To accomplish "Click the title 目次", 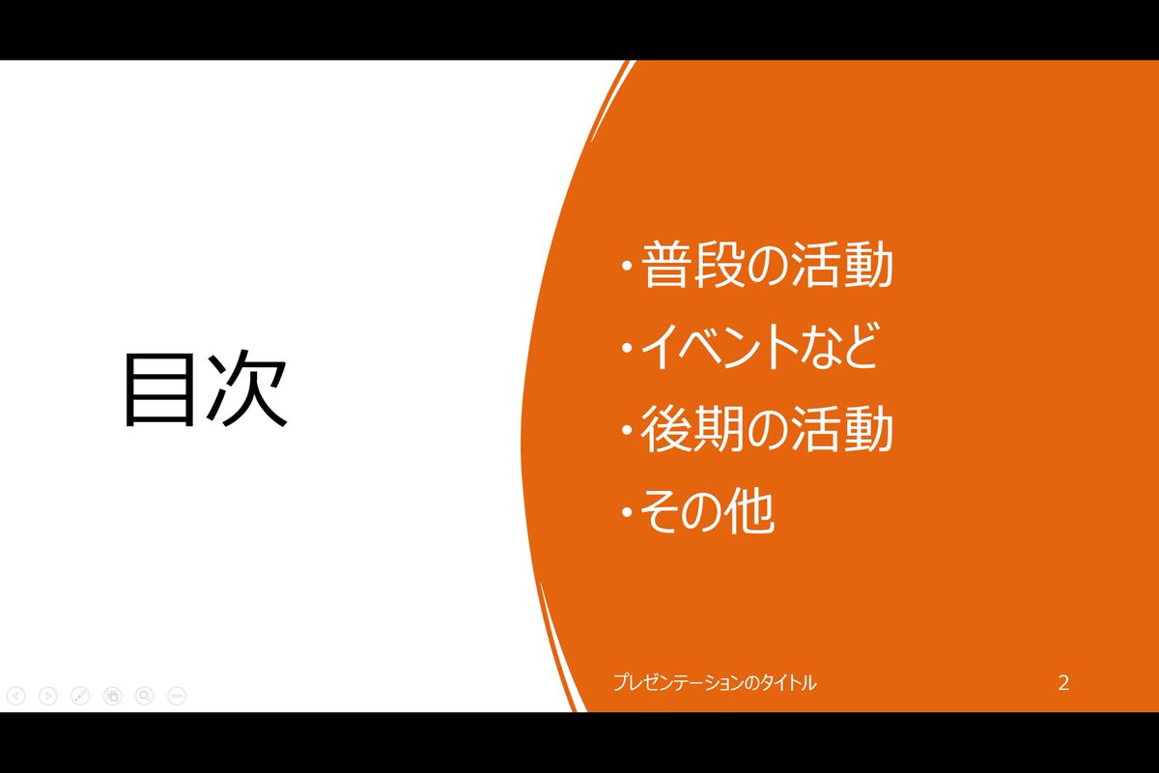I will [205, 388].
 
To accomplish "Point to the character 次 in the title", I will [248, 388].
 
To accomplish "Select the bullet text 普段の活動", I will [767, 267].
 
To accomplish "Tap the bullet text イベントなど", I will [760, 349].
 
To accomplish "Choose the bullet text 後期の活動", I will [767, 432].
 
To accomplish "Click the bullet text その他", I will [708, 514].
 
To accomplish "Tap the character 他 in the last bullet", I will [750, 514].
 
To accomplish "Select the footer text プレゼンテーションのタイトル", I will [714, 683].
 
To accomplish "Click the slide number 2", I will [1063, 683].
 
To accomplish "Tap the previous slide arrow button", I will [15, 695].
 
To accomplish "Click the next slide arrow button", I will [47, 695].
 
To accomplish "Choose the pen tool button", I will [80, 695].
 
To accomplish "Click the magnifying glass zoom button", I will [145, 695].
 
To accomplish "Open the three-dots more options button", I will [177, 695].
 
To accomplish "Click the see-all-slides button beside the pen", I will [112, 695].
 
